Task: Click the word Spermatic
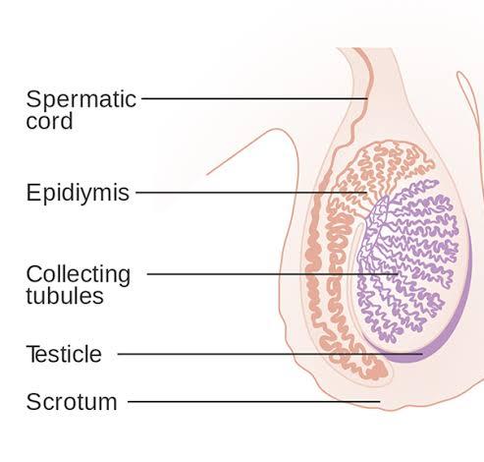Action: tap(81, 99)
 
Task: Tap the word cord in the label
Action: tap(49, 121)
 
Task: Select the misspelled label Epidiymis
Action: tap(78, 194)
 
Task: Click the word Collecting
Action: tap(79, 274)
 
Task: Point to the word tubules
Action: tap(65, 296)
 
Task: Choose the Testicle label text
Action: tap(64, 354)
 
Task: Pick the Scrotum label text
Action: tap(72, 402)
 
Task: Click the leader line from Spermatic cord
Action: tap(254, 98)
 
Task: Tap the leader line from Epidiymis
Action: tap(251, 193)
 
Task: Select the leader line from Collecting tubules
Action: tap(272, 273)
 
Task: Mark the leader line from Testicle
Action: tap(270, 354)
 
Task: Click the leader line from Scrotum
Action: tap(254, 401)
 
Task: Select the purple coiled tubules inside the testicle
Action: tap(409, 259)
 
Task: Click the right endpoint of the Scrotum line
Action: tap(380, 401)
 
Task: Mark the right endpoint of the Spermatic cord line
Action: tap(368, 98)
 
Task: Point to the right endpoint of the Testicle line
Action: tap(422, 354)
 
